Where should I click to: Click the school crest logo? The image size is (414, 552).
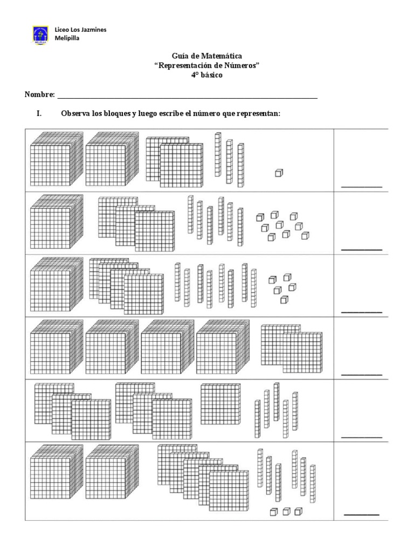point(40,34)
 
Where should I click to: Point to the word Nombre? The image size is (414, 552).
point(39,95)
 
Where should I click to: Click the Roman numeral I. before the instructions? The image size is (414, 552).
point(39,114)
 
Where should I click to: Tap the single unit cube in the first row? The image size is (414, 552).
point(279,172)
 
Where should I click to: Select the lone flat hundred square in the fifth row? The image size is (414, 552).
point(219,404)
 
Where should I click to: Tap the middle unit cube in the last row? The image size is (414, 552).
point(286,511)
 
